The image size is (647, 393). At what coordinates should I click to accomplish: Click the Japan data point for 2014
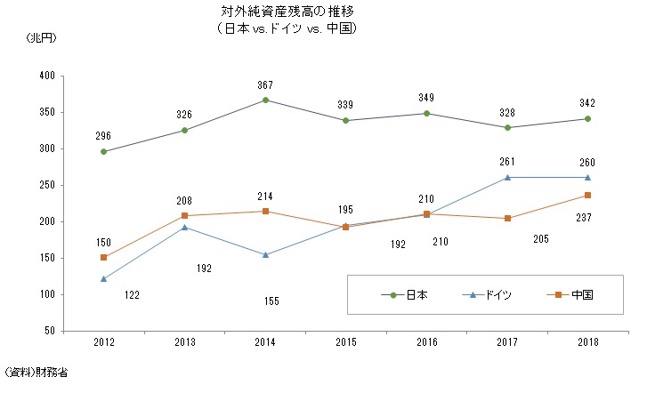tap(265, 100)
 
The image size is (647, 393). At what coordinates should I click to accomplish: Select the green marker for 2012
tap(104, 152)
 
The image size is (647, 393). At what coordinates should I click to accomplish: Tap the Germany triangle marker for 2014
tap(265, 255)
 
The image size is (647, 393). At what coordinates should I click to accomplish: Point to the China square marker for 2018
tap(588, 196)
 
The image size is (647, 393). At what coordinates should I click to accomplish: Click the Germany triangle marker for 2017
tap(507, 178)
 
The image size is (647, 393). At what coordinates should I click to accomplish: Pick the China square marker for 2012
tap(104, 257)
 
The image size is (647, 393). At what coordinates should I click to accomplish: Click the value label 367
tap(265, 84)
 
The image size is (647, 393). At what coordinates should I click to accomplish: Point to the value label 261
tap(507, 162)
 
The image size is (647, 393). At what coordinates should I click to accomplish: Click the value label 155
tap(271, 301)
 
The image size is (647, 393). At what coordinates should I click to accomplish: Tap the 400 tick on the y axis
tap(46, 76)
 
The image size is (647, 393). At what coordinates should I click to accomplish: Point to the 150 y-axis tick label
tap(46, 258)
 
